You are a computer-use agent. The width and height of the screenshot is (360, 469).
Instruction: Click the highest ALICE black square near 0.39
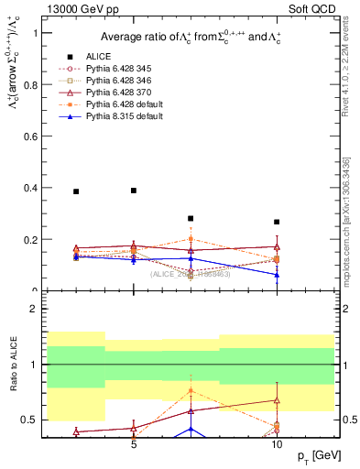pos(134,191)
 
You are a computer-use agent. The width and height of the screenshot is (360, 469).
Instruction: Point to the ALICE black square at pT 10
pos(277,222)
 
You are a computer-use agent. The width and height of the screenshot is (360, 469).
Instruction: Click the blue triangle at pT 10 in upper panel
pos(277,275)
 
